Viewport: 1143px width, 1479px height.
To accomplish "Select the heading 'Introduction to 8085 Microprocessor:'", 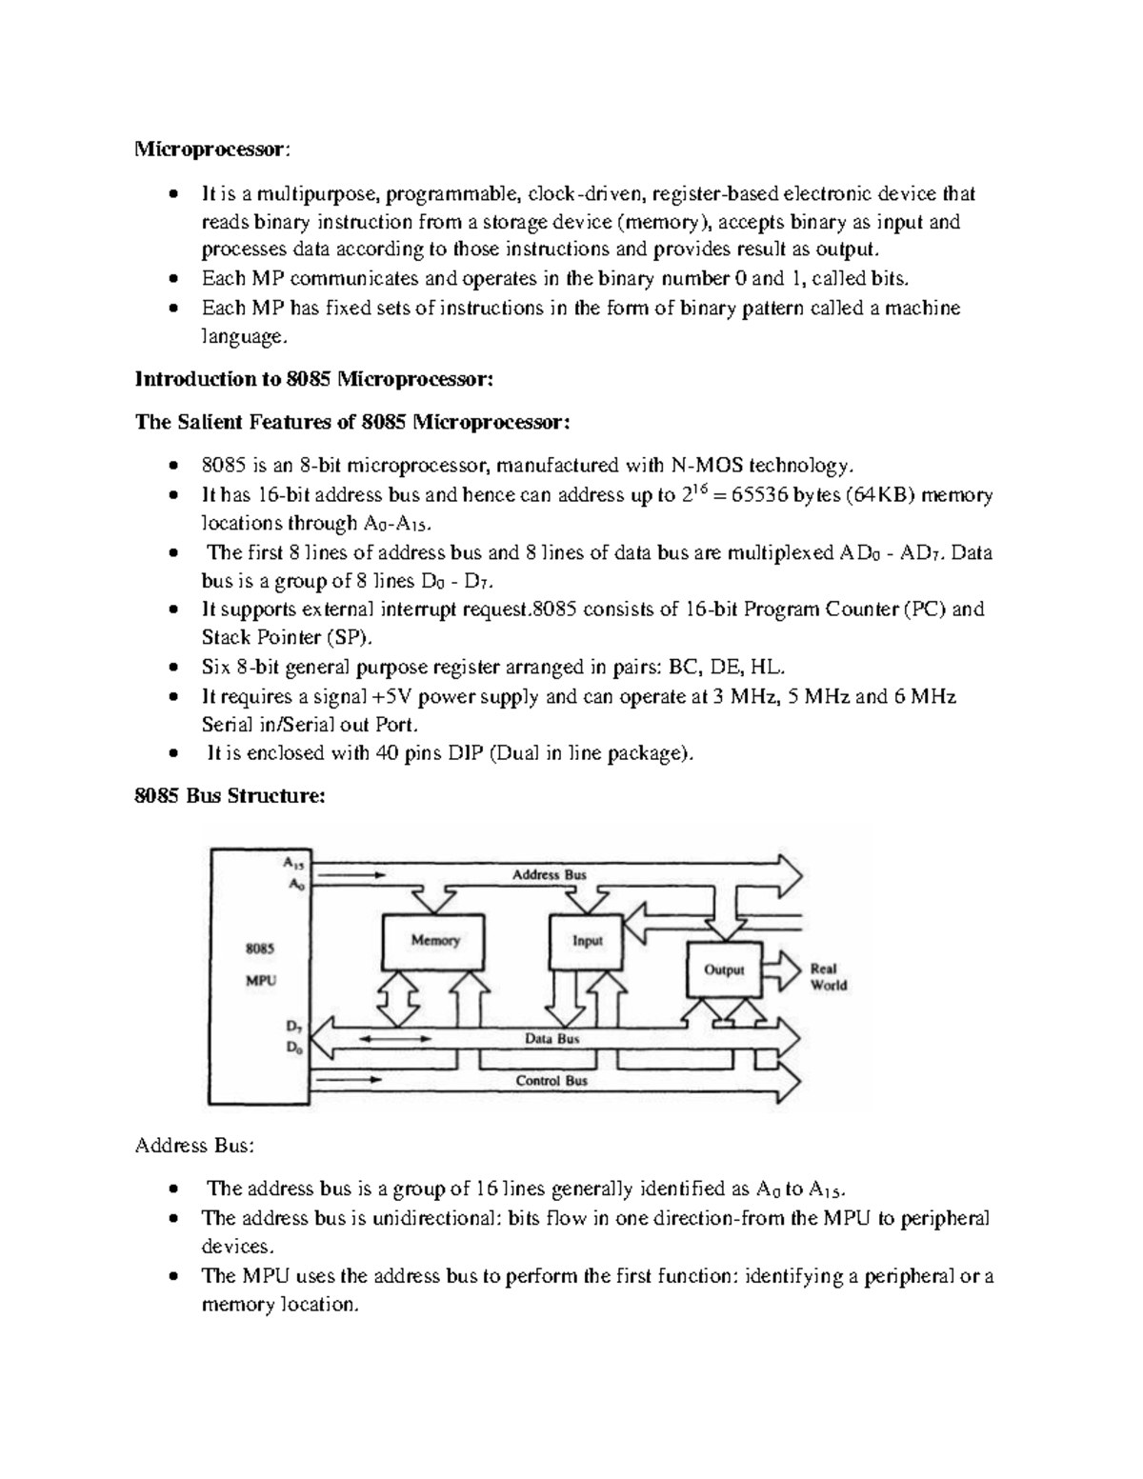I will point(314,379).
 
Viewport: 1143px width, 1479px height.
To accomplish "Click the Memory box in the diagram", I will point(434,941).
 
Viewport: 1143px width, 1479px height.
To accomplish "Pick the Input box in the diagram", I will point(587,941).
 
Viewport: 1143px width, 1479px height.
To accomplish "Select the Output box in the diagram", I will point(724,969).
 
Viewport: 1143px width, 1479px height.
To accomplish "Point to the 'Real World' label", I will point(828,977).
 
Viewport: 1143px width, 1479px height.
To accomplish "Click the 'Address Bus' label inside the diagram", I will point(550,874).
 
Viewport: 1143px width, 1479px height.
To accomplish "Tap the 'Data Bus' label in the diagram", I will point(552,1039).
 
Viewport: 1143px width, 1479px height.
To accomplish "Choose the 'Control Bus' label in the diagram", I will point(551,1081).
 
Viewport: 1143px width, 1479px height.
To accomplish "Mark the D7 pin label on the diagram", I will point(293,1028).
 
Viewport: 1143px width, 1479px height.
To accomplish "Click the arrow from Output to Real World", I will point(785,969).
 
